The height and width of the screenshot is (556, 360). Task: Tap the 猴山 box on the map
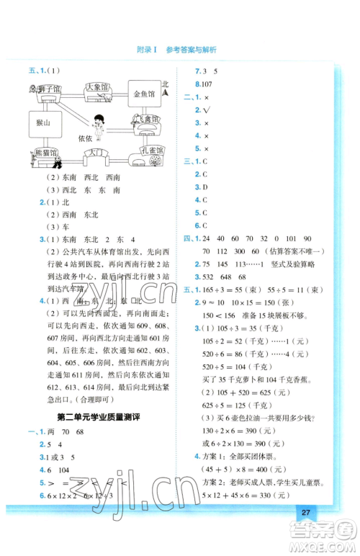(40, 123)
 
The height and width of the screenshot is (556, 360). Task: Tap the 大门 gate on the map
(94, 153)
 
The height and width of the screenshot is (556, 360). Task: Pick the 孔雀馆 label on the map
(150, 152)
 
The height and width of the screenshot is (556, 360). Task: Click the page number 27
(306, 512)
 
